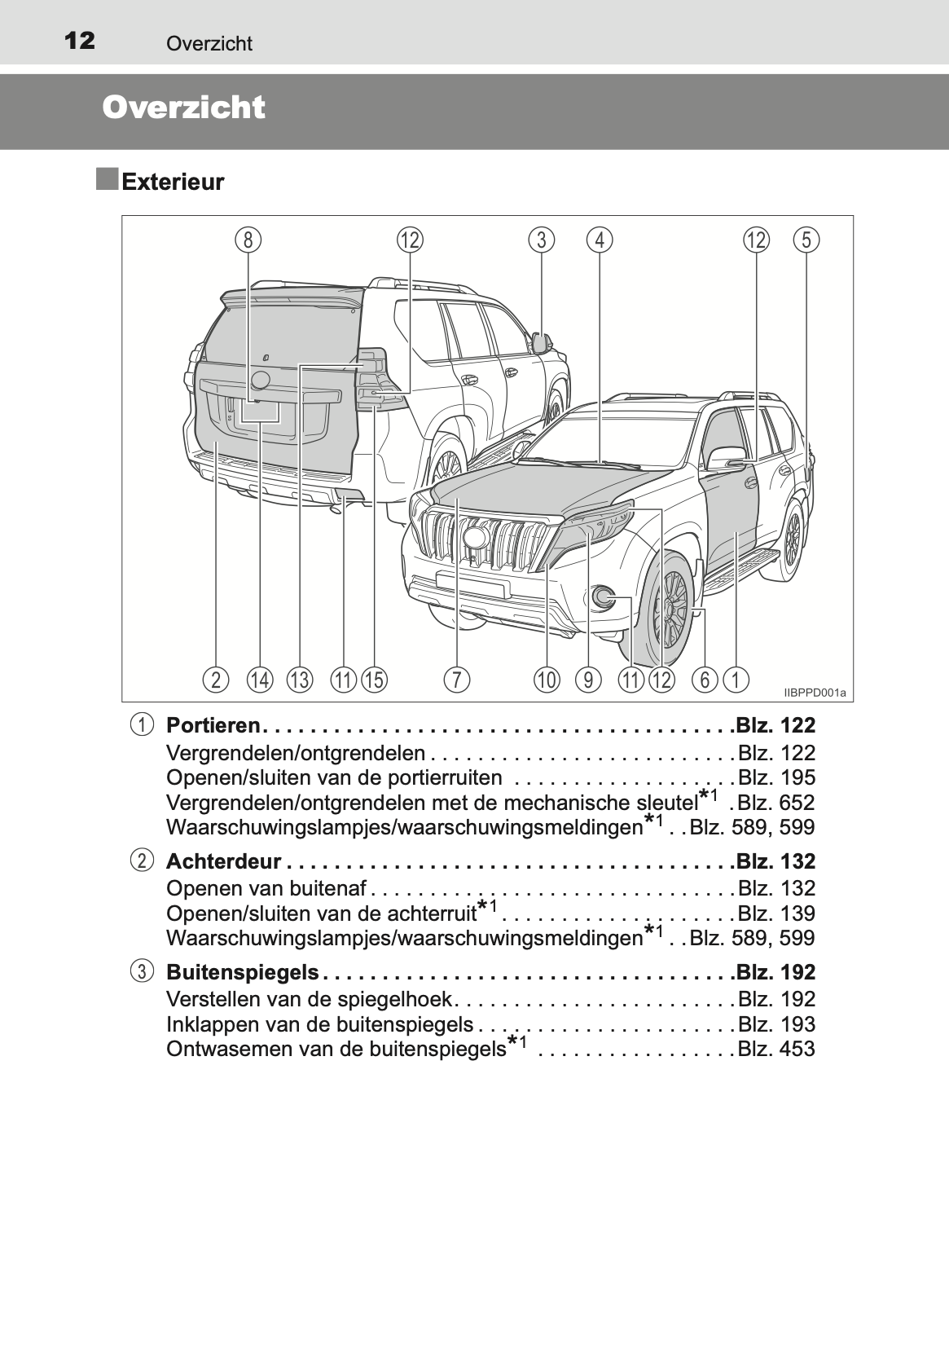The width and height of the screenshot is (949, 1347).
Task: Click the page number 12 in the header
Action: point(79,40)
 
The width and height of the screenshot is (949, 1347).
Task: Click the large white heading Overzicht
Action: point(184,108)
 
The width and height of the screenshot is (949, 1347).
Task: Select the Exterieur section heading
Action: point(172,182)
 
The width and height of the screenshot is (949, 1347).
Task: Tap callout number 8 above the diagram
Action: point(248,240)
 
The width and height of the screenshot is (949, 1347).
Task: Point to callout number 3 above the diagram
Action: point(541,240)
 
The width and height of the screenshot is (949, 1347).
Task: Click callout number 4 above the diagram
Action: point(600,240)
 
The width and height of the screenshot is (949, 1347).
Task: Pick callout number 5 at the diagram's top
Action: point(806,240)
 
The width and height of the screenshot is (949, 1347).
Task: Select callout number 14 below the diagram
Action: point(260,679)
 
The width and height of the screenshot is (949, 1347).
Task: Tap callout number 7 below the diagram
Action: point(457,679)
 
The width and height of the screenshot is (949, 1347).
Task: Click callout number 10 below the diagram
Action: point(547,679)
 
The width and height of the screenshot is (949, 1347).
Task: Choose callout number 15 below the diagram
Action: point(374,679)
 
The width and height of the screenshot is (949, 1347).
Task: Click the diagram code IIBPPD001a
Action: point(815,693)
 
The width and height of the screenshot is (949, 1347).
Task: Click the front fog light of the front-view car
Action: point(604,597)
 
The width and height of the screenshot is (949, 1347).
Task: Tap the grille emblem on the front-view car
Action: point(473,538)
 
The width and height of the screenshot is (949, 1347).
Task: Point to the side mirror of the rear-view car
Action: point(541,342)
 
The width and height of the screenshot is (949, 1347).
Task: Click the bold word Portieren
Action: point(213,725)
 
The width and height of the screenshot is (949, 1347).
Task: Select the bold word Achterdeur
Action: point(223,861)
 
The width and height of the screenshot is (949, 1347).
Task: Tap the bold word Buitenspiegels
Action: point(242,972)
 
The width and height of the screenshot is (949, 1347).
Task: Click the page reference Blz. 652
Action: point(775,803)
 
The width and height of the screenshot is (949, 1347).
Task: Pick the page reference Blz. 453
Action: point(775,1049)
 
